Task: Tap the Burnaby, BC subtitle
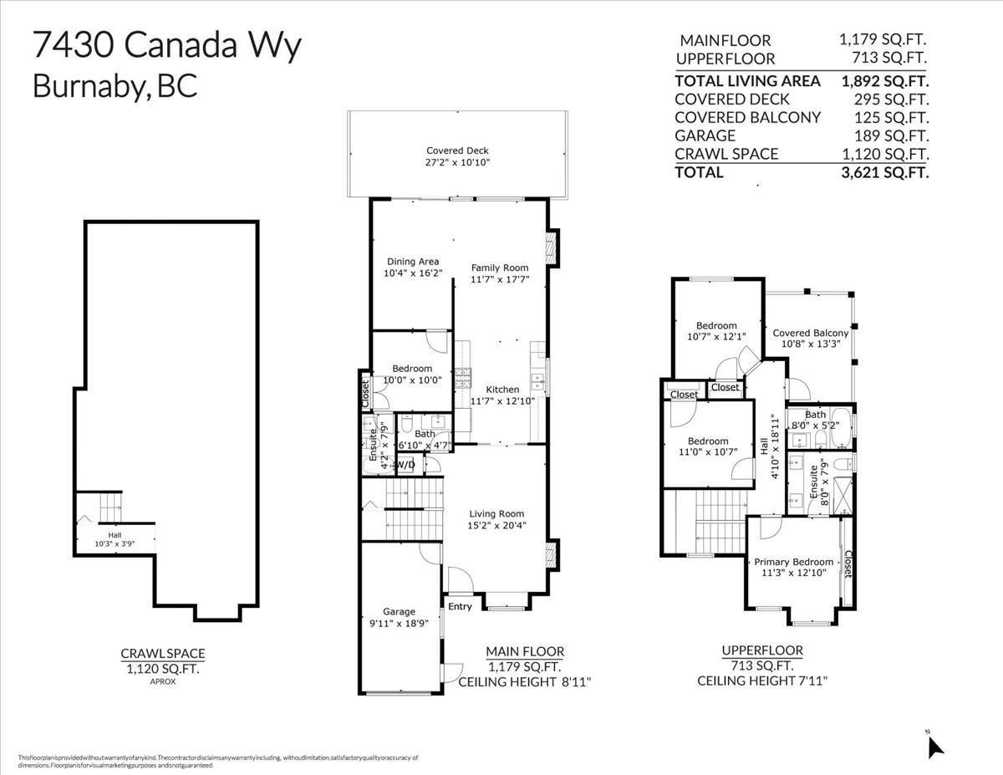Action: (115, 86)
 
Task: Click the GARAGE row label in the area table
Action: (705, 135)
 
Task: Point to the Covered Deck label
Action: (457, 151)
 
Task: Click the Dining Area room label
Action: (412, 262)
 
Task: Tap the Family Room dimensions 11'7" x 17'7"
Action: (500, 279)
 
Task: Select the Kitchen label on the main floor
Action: (503, 390)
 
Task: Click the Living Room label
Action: (496, 514)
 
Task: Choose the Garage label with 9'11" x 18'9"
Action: (399, 612)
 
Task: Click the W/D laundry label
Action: (405, 465)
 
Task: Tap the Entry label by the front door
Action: (460, 607)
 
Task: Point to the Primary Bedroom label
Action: (793, 562)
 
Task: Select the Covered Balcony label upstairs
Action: (809, 333)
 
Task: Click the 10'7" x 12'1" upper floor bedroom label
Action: (716, 336)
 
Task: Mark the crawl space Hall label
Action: (114, 535)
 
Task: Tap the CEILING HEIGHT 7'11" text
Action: (761, 681)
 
